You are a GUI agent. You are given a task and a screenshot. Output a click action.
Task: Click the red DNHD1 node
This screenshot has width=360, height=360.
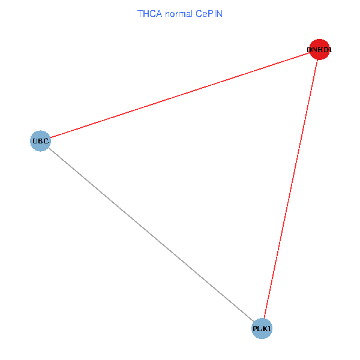(319, 49)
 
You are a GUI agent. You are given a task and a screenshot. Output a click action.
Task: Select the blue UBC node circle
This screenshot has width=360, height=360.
(40, 141)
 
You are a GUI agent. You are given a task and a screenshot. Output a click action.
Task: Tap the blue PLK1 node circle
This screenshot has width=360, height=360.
(262, 329)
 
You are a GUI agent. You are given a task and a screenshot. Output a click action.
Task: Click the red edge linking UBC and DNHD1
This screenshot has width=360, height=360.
(180, 95)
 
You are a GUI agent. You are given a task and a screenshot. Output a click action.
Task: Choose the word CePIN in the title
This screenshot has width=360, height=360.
(209, 13)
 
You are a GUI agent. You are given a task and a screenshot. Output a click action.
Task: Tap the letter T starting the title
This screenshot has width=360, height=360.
(140, 13)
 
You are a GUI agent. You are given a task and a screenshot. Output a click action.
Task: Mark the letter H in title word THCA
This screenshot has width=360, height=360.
(146, 13)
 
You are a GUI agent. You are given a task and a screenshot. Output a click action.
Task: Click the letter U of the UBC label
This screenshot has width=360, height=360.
(35, 142)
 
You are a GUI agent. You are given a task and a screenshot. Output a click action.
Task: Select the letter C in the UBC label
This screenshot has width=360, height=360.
(46, 142)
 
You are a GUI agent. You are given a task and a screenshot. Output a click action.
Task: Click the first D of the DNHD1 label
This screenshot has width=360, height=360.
(310, 50)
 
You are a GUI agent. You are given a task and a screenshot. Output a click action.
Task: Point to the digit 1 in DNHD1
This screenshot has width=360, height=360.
(329, 50)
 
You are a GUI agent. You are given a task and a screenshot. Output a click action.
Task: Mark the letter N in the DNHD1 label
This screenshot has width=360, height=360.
(315, 50)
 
